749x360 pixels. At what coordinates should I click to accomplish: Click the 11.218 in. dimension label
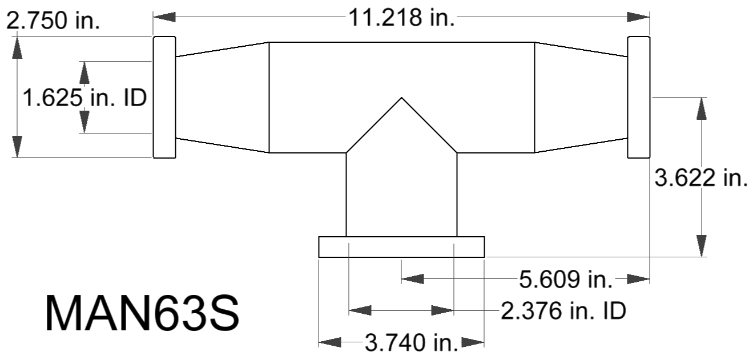click(x=401, y=17)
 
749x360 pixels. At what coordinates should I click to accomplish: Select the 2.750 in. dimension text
click(x=53, y=21)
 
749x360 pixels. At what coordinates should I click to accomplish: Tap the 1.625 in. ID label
click(x=84, y=98)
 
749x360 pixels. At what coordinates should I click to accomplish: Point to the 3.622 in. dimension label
click(x=701, y=177)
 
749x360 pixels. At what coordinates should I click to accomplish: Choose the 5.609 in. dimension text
click(x=566, y=280)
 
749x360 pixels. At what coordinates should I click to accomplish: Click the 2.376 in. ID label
click(x=563, y=311)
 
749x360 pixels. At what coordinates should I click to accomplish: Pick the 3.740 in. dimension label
click(x=411, y=343)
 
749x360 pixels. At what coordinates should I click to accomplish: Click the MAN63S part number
click(x=142, y=313)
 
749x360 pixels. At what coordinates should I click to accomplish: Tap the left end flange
click(x=164, y=97)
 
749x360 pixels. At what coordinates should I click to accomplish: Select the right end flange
click(x=639, y=97)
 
